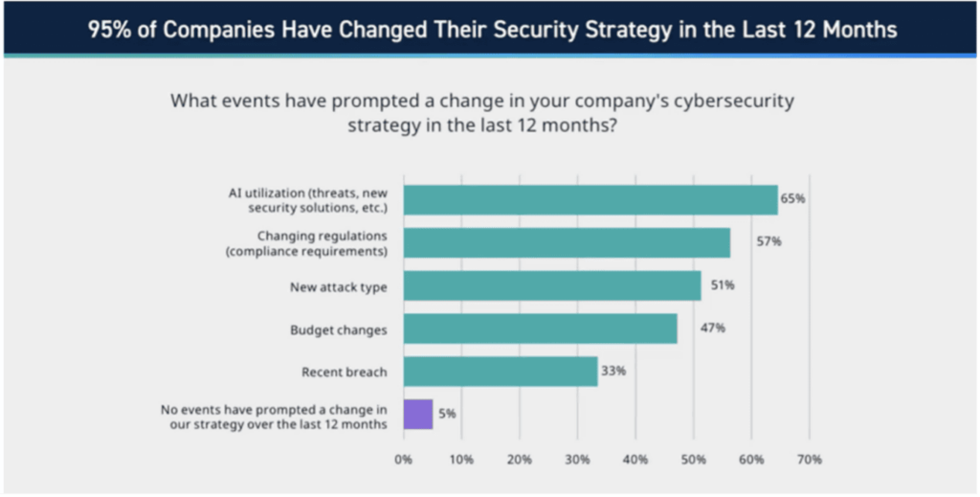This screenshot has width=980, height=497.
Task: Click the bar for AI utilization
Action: coord(590,199)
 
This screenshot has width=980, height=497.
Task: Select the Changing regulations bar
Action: coord(567,242)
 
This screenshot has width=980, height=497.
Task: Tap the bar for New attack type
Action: coord(552,285)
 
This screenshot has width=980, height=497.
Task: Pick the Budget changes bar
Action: coord(540,328)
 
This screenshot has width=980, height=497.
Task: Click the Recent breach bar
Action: coord(500,371)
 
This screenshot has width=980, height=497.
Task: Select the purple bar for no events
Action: coord(418,414)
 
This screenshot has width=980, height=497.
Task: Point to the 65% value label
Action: coord(793,199)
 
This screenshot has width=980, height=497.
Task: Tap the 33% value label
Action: coord(613,371)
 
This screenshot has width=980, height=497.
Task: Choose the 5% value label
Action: coord(447,414)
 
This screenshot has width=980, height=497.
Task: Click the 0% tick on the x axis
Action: coord(403,460)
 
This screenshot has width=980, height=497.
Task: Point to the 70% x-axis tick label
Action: coord(809,460)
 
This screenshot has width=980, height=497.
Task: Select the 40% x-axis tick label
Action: coord(635,460)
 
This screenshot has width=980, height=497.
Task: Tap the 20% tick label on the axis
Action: coord(520,460)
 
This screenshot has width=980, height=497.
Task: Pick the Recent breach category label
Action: coord(344,372)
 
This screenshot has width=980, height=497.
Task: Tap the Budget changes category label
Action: coord(338,329)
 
